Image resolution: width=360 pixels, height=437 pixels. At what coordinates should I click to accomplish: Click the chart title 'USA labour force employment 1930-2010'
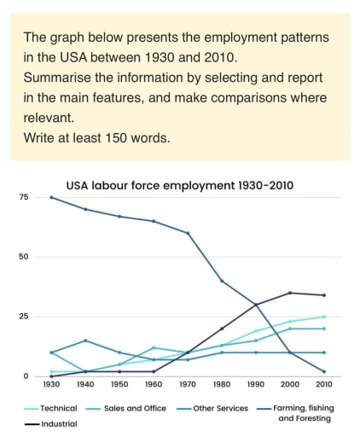pyautogui.click(x=180, y=184)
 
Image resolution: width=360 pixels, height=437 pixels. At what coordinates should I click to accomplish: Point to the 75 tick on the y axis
pyautogui.click(x=25, y=197)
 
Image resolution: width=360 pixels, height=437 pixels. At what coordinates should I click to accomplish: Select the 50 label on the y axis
pyautogui.click(x=25, y=257)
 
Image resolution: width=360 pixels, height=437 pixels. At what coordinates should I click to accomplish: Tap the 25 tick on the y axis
pyautogui.click(x=25, y=317)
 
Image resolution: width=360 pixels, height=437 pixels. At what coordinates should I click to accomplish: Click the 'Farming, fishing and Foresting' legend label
pyautogui.click(x=305, y=413)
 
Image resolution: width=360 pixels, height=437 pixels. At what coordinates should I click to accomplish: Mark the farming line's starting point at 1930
pyautogui.click(x=51, y=197)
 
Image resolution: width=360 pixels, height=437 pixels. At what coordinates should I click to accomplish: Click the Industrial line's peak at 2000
pyautogui.click(x=291, y=293)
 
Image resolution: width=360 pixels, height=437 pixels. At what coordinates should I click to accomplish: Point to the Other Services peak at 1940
pyautogui.click(x=85, y=341)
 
